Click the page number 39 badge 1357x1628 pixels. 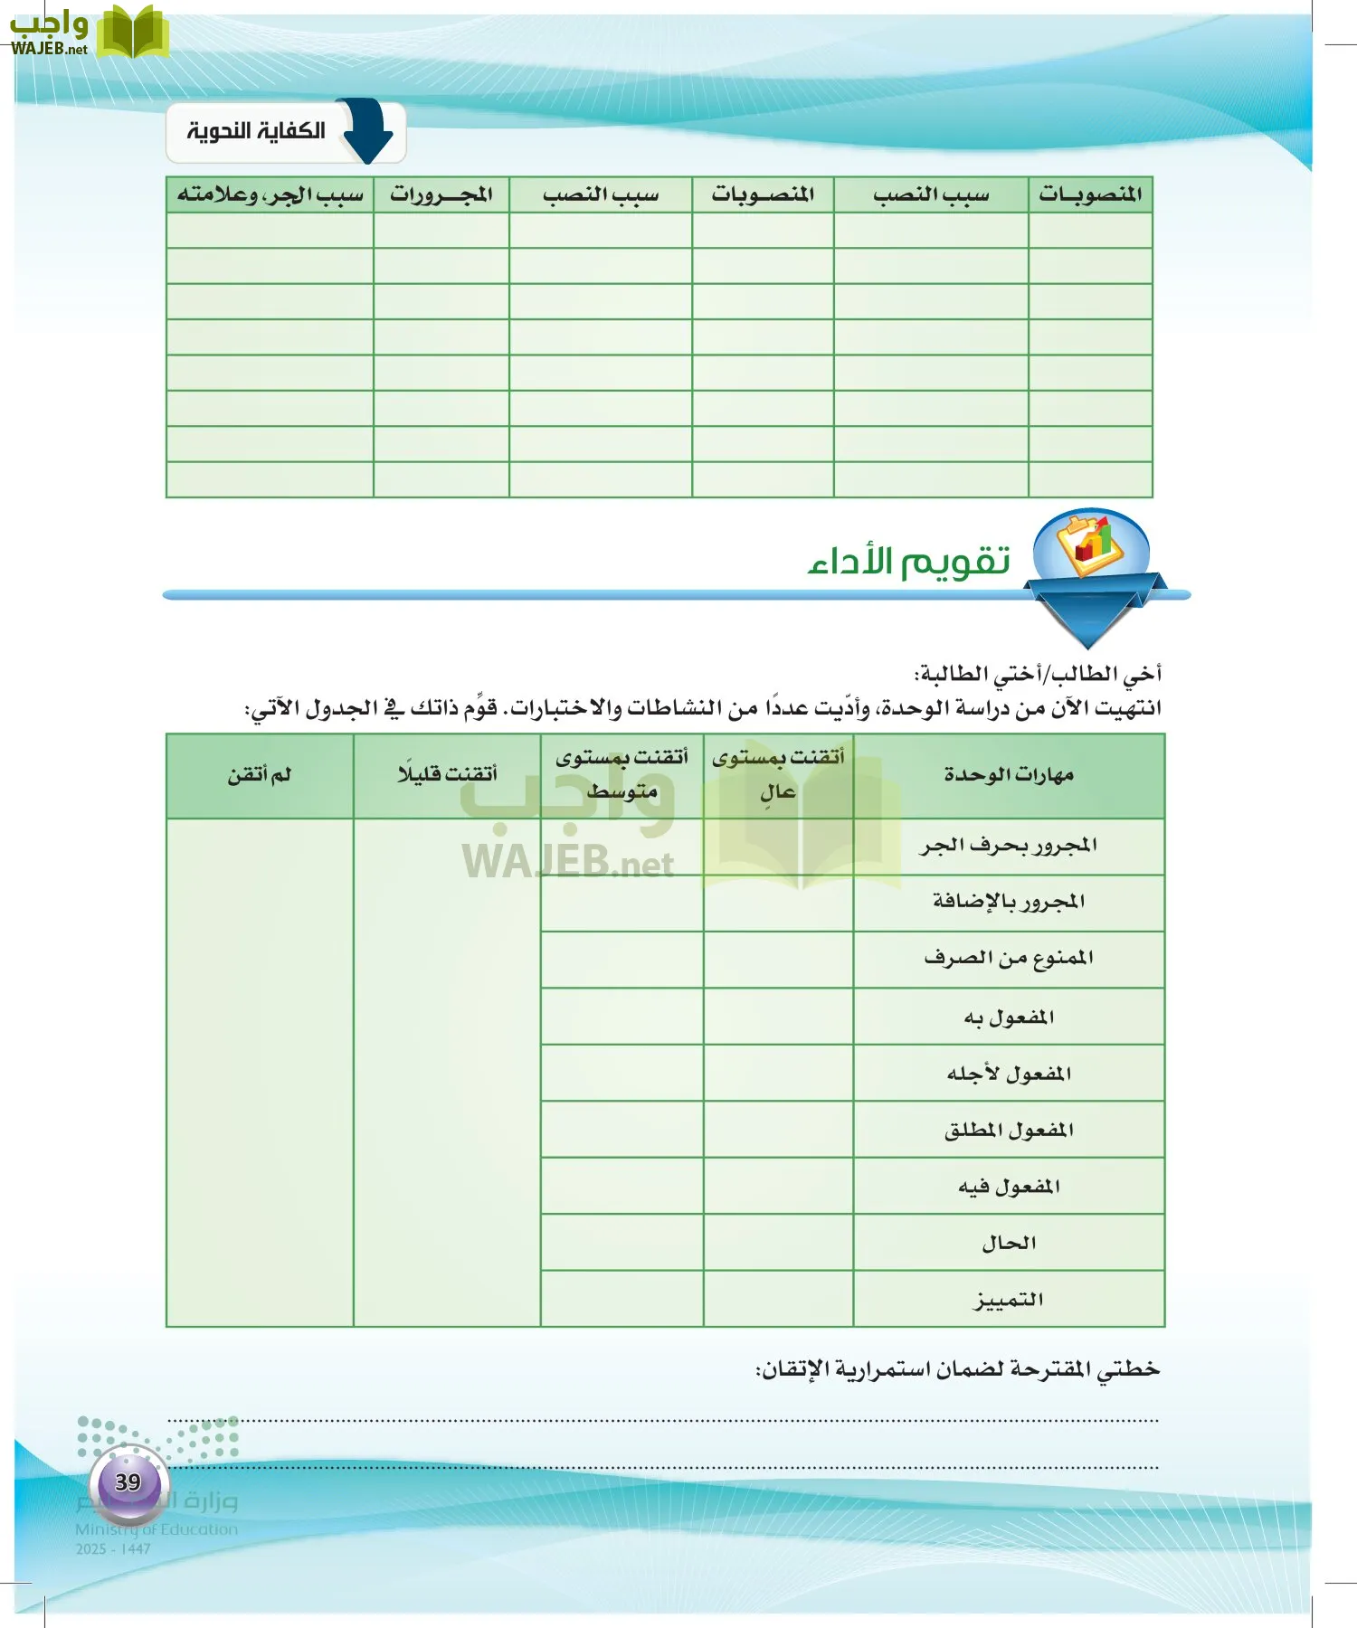pyautogui.click(x=128, y=1482)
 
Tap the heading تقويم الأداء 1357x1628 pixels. pyautogui.click(x=908, y=563)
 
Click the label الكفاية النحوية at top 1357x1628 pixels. pyautogui.click(x=256, y=131)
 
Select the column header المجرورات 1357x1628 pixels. pyautogui.click(x=441, y=194)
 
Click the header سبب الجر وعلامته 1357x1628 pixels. pyautogui.click(x=270, y=194)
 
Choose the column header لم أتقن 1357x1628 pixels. pyautogui.click(x=260, y=775)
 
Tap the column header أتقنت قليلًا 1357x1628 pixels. pyautogui.click(x=447, y=774)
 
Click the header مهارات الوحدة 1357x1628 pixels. pyautogui.click(x=1009, y=775)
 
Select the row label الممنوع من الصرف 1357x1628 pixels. pyautogui.click(x=1009, y=959)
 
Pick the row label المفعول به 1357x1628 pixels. pyautogui.click(x=1009, y=1018)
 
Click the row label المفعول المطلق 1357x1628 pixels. pyautogui.click(x=1009, y=1130)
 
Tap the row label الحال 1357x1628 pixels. pyautogui.click(x=1009, y=1243)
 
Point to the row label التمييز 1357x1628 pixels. pyautogui.click(x=1009, y=1300)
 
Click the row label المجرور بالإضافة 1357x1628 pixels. pyautogui.click(x=1009, y=902)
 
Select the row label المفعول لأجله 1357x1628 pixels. pyautogui.click(x=1009, y=1074)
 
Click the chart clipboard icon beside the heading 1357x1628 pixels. pyautogui.click(x=1091, y=545)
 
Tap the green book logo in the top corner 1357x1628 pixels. pyautogui.click(x=132, y=33)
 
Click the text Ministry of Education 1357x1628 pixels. pyautogui.click(x=157, y=1529)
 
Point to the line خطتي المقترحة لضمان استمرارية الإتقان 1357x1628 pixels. pyautogui.click(x=957, y=1370)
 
